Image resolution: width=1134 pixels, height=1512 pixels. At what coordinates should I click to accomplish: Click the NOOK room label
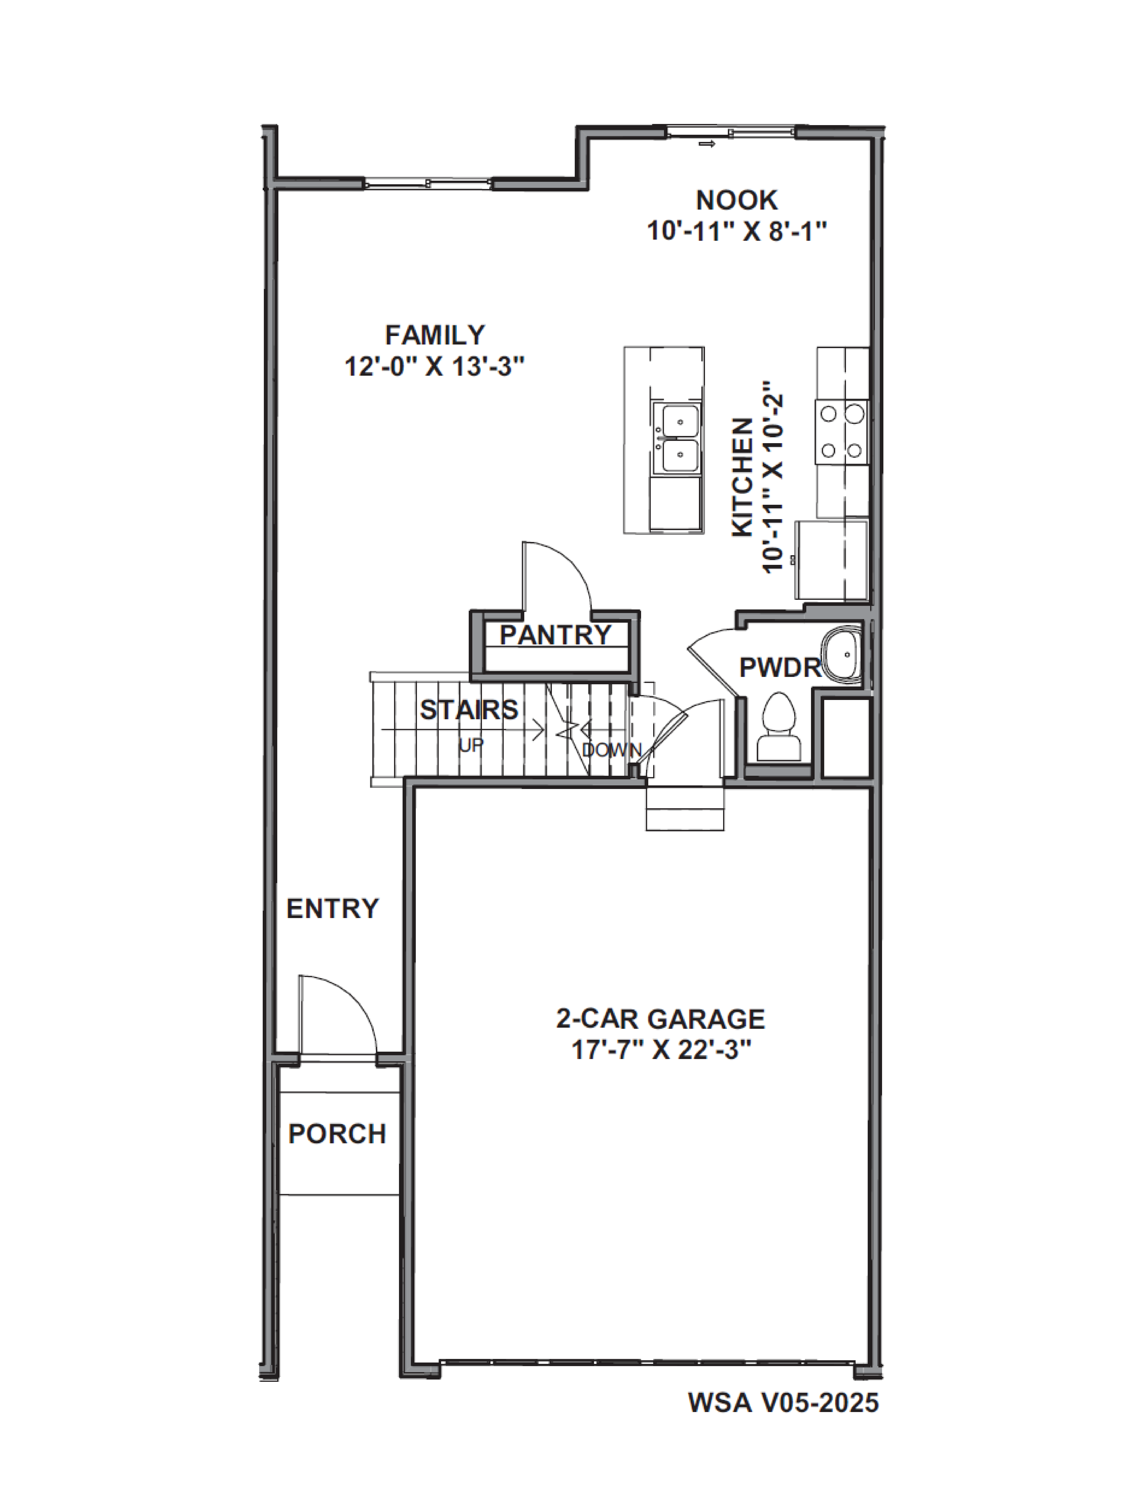pos(736,200)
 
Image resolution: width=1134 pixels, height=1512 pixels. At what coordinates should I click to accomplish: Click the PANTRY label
pos(555,635)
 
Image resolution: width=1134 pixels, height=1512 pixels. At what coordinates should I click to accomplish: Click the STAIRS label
pos(469,710)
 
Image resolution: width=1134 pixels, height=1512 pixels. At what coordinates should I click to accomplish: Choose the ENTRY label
pos(332,908)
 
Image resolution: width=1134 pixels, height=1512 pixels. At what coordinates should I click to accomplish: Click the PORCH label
pos(337,1134)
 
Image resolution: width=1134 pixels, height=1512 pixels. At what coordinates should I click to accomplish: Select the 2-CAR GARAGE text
pos(660,1019)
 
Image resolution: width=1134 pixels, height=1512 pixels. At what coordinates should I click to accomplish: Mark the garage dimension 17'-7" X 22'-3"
pos(660,1050)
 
